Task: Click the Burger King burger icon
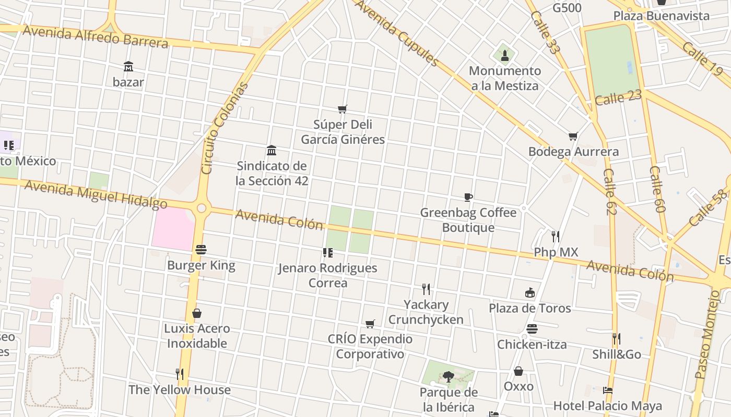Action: [201, 250]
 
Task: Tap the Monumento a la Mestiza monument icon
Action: [504, 54]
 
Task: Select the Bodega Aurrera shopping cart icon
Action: [573, 137]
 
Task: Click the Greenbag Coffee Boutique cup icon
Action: [468, 197]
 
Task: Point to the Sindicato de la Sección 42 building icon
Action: [272, 151]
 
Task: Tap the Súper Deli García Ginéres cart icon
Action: [343, 109]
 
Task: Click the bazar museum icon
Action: [128, 66]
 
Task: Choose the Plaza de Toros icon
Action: [530, 292]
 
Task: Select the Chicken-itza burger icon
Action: [532, 329]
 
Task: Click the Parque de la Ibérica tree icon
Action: [448, 376]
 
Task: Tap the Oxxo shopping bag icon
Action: [518, 371]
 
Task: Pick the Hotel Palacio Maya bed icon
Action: [607, 390]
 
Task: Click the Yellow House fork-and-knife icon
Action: [180, 374]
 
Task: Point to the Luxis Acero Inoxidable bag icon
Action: [197, 313]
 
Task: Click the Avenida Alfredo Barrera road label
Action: [95, 36]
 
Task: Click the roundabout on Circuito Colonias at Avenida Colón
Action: [202, 208]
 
